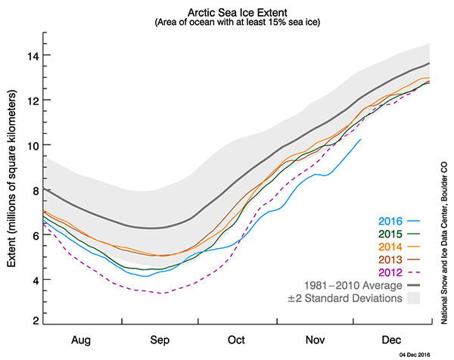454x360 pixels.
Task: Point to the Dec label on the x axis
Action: click(391, 340)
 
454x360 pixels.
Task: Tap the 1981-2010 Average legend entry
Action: click(358, 286)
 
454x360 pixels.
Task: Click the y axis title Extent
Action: click(12, 179)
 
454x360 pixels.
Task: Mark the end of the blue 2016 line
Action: click(361, 139)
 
